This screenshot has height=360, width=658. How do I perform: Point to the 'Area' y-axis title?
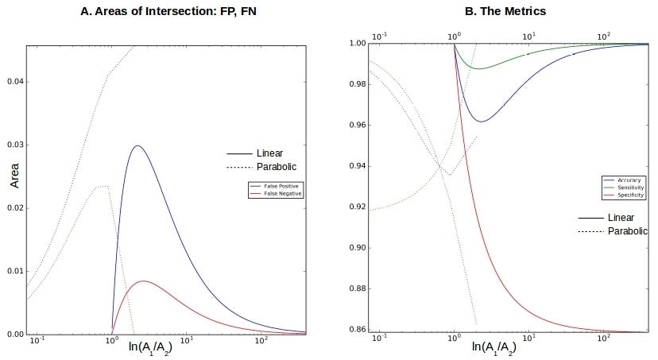[x=14, y=180]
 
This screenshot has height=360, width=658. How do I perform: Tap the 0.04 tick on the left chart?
[x=15, y=82]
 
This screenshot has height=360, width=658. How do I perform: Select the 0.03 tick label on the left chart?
[x=15, y=145]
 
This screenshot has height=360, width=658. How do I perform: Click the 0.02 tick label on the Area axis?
[x=15, y=208]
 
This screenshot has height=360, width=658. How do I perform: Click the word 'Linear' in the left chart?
[x=269, y=153]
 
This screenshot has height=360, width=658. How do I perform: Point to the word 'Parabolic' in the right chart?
[x=628, y=230]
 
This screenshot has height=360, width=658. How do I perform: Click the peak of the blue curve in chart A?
[x=137, y=145]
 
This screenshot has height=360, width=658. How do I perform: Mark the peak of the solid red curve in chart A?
[x=143, y=281]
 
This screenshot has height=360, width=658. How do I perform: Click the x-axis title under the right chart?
[x=499, y=346]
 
